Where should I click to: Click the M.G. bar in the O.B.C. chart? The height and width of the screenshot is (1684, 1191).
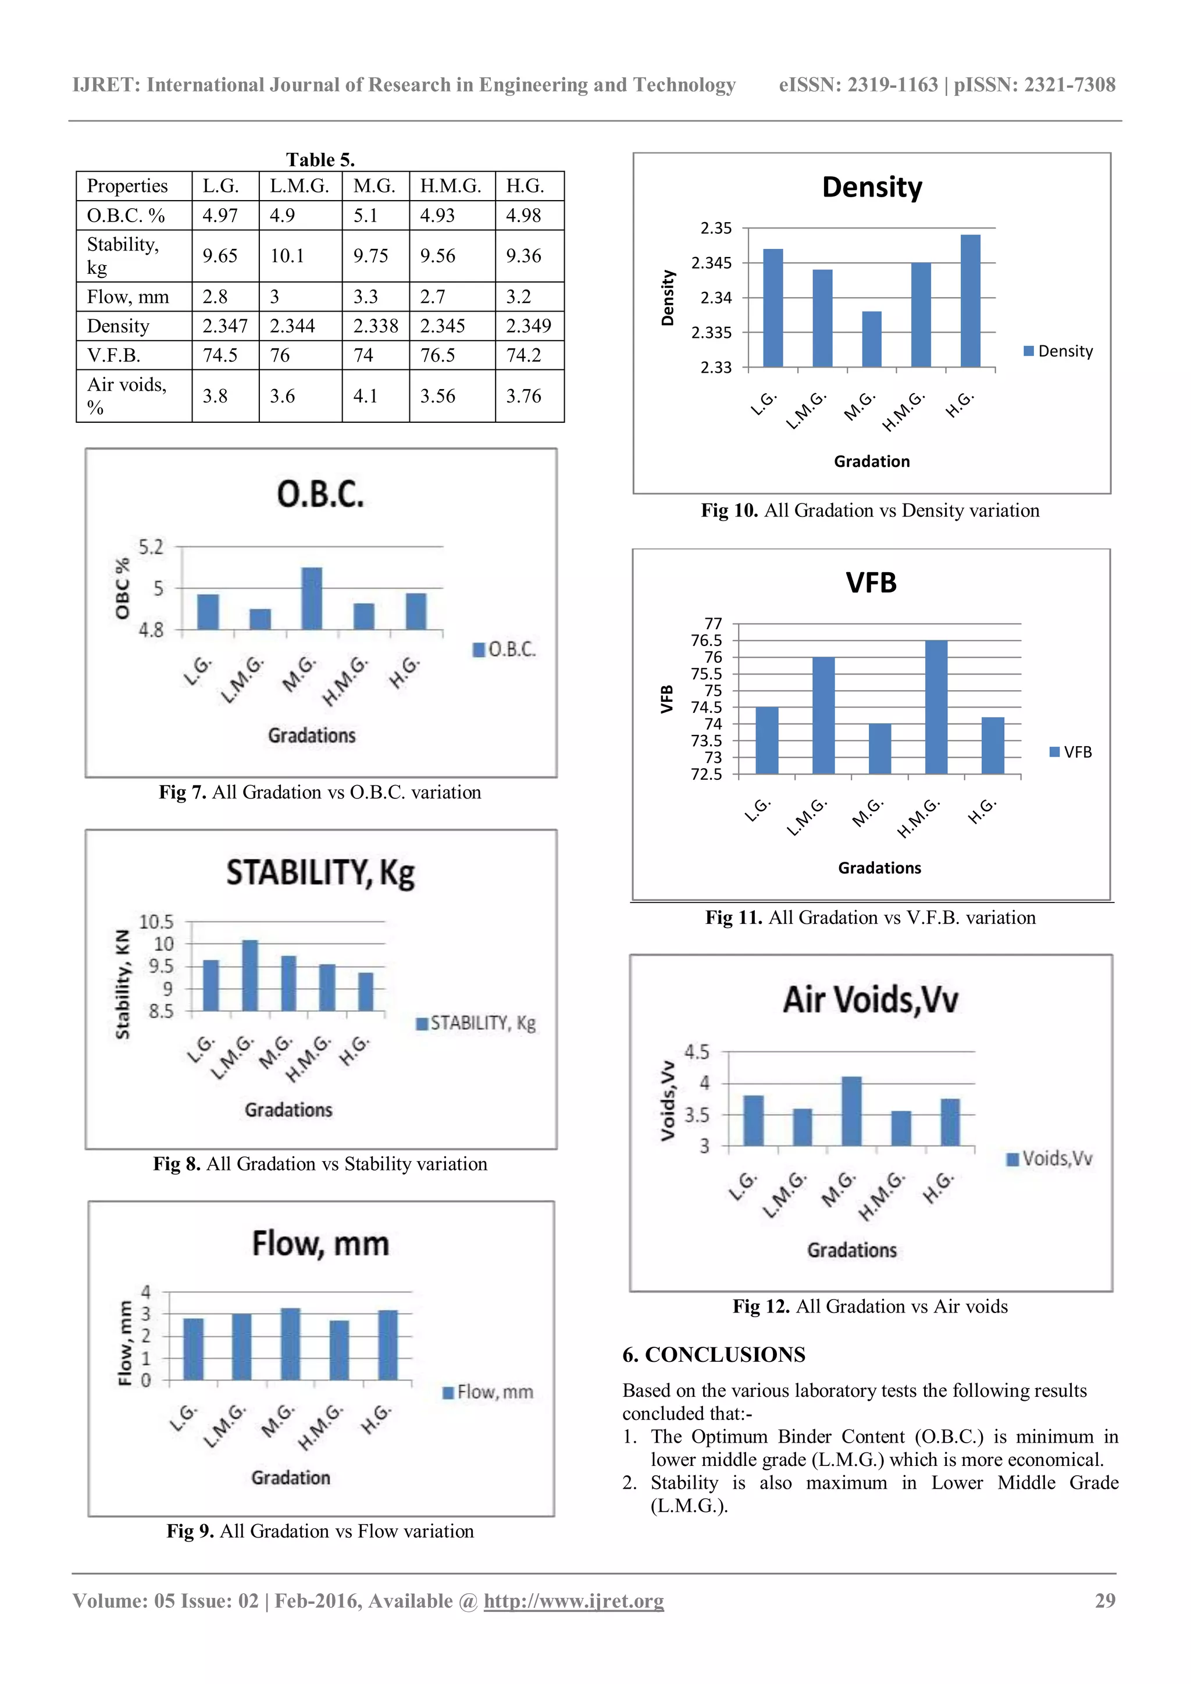click(x=312, y=598)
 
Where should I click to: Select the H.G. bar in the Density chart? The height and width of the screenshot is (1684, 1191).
click(x=970, y=301)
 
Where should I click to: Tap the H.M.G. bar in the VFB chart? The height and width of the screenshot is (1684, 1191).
click(x=936, y=707)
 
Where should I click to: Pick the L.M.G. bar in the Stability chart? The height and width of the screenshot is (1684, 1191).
click(x=250, y=976)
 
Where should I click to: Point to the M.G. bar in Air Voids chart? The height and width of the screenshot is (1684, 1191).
click(x=851, y=1111)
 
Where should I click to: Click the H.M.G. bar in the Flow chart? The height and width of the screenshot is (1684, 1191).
click(x=339, y=1350)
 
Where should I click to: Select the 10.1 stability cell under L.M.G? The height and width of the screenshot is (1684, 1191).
click(x=287, y=256)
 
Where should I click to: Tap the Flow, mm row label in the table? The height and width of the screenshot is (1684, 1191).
click(x=129, y=297)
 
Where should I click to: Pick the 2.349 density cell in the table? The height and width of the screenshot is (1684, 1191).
click(x=528, y=326)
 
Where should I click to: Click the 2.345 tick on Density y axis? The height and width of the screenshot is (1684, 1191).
click(x=711, y=263)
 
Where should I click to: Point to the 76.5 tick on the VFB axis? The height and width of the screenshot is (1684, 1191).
click(x=706, y=640)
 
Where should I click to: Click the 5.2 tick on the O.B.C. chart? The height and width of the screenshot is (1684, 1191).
click(x=151, y=547)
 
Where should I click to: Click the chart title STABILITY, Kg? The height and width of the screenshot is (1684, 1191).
click(x=320, y=873)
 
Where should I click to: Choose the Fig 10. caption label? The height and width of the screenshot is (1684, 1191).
click(x=729, y=511)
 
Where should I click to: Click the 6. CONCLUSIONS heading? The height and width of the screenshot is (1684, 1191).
click(x=714, y=1355)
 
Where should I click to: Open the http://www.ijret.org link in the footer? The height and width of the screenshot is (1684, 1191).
click(x=573, y=1600)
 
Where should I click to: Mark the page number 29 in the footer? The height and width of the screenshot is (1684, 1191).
click(x=1104, y=1600)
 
